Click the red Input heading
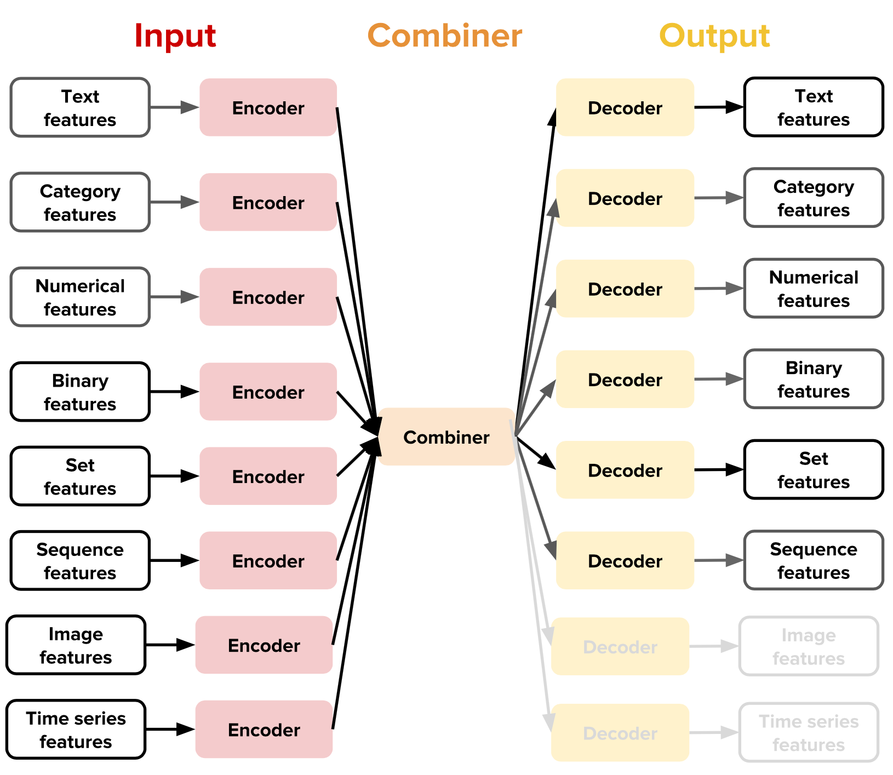click(175, 36)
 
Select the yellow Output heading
click(714, 36)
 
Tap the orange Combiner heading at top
click(444, 36)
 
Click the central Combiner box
click(446, 437)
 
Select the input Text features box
click(80, 107)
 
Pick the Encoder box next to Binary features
click(268, 392)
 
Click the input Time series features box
click(76, 729)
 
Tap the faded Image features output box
click(809, 646)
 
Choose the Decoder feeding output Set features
click(625, 470)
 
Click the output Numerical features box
click(813, 289)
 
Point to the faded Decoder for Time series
click(620, 733)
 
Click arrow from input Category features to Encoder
click(174, 202)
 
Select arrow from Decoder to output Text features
click(718, 107)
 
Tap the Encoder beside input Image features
click(264, 645)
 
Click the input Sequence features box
click(80, 560)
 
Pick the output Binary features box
click(813, 379)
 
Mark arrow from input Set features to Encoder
click(174, 476)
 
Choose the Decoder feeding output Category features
click(625, 198)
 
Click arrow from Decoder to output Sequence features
click(718, 560)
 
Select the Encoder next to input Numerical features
click(268, 297)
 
